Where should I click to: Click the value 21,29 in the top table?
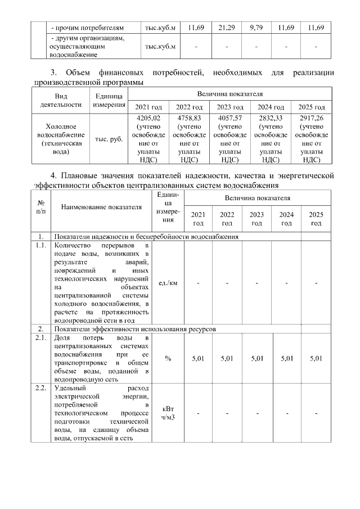click(x=226, y=28)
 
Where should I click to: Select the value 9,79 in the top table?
click(x=255, y=28)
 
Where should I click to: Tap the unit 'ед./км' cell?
click(x=168, y=282)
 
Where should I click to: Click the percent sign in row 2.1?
click(x=168, y=358)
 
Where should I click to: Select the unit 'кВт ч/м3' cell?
click(x=168, y=413)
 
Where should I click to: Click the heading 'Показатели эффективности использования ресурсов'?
click(x=134, y=328)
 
